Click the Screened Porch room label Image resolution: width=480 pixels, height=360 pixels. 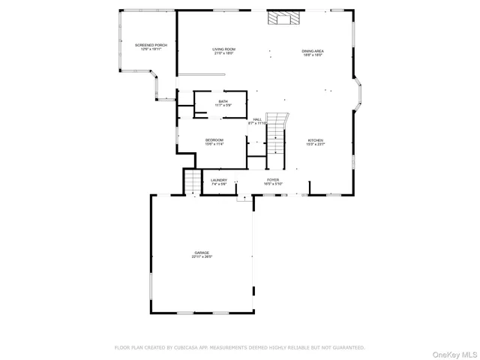pyautogui.click(x=151, y=45)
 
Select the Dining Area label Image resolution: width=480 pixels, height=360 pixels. pyautogui.click(x=313, y=50)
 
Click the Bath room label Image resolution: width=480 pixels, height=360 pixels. pyautogui.click(x=223, y=101)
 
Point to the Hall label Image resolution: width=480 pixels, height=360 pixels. pyautogui.click(x=257, y=119)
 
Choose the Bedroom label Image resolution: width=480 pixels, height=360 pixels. pyautogui.click(x=214, y=139)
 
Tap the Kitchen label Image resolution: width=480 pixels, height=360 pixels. pyautogui.click(x=315, y=140)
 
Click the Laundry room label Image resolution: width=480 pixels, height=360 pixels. pyautogui.click(x=219, y=180)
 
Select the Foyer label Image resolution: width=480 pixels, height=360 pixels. pyautogui.click(x=273, y=180)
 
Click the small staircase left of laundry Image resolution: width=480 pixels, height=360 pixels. pyautogui.click(x=193, y=181)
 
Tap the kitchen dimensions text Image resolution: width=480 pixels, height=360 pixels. pyautogui.click(x=315, y=145)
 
